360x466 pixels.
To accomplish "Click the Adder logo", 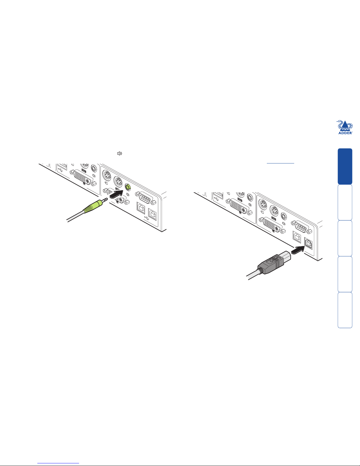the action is point(345,127).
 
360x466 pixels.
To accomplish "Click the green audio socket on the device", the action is point(128,187).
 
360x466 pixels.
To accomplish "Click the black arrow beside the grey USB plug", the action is point(298,250).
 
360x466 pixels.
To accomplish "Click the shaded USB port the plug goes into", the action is point(308,243).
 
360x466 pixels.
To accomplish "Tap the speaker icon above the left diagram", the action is point(119,153).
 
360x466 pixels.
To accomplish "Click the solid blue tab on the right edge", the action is point(345,166).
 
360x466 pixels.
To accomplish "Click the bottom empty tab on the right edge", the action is point(345,310).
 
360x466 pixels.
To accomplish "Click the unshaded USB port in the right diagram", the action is point(297,237).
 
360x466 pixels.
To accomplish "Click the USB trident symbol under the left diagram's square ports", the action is point(147,218).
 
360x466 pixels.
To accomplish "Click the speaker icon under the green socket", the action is point(128,195).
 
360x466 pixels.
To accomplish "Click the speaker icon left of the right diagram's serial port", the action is point(284,223).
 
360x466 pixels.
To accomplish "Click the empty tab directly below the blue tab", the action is point(345,202).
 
